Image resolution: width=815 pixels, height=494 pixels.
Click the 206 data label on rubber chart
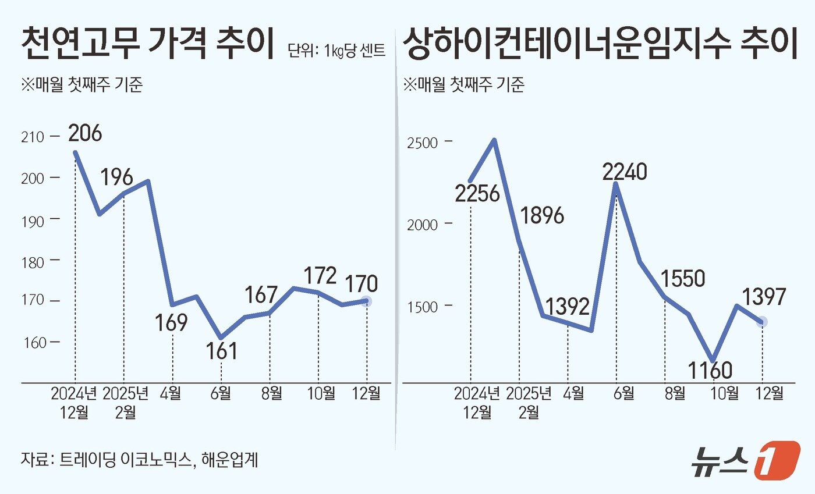[85, 133]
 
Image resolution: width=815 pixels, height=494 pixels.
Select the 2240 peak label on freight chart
[625, 172]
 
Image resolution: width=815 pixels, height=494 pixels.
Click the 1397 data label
[764, 297]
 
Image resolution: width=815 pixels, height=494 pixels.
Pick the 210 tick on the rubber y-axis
[33, 137]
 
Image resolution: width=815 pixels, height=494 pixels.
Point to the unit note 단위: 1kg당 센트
[336, 51]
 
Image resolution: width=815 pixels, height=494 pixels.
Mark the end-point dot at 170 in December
[366, 301]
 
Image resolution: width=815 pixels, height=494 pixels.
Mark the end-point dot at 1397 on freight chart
[762, 322]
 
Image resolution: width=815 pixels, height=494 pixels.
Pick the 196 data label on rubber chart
[116, 177]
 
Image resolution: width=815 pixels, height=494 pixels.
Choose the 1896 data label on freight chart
[543, 216]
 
